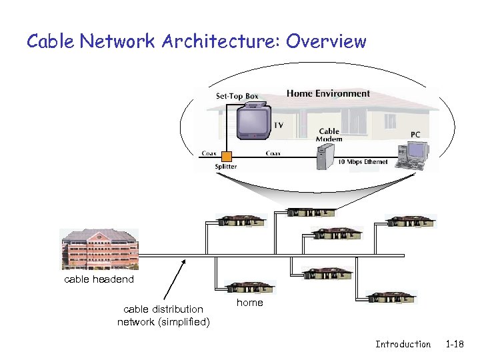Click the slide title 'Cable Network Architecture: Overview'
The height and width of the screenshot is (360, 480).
click(x=196, y=41)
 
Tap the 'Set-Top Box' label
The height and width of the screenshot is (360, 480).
click(x=237, y=96)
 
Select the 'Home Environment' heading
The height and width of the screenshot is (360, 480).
click(x=328, y=93)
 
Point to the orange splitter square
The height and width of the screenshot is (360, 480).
click(x=227, y=157)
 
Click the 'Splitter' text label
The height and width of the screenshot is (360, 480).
click(x=225, y=167)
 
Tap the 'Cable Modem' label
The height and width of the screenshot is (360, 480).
click(x=329, y=135)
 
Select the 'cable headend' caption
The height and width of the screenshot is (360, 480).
click(x=99, y=279)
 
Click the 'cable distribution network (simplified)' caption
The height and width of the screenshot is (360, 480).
click(x=163, y=316)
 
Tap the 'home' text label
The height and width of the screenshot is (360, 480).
click(x=250, y=303)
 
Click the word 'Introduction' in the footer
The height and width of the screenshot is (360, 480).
click(x=403, y=344)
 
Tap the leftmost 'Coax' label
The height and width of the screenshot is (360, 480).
click(x=209, y=153)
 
